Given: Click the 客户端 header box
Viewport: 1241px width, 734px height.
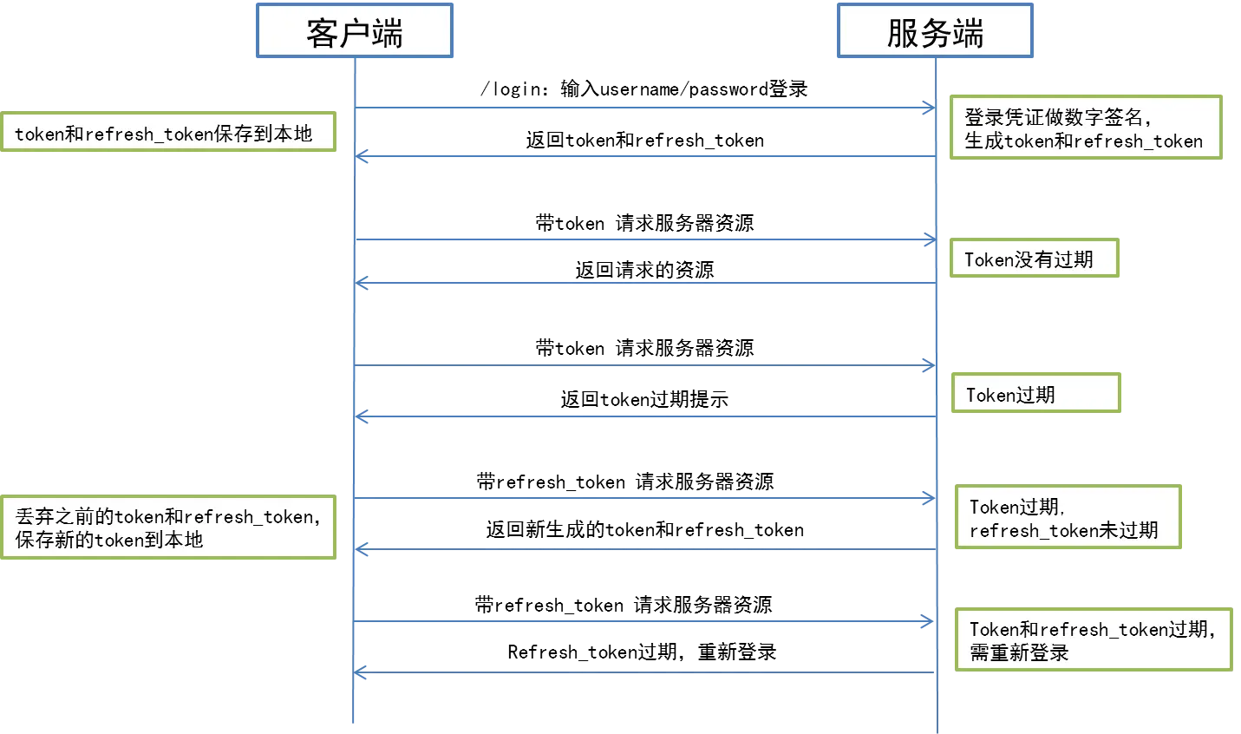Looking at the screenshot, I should point(354,31).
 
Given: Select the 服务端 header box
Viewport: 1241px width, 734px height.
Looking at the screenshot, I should point(934,31).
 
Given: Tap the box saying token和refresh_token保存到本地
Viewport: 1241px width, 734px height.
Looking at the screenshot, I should point(168,133).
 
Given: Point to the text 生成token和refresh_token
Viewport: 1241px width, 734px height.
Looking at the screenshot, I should point(1083,141).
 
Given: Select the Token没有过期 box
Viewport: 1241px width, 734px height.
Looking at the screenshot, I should point(1034,259).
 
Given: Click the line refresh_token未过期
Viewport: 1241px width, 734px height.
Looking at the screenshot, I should point(1063,530).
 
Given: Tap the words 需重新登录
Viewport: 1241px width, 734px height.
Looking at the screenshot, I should point(1018,652).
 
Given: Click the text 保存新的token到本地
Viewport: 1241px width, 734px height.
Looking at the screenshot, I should point(109,540).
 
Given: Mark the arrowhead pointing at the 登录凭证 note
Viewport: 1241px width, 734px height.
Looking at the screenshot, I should point(929,108).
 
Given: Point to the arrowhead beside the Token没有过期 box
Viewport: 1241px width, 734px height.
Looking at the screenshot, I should point(929,239).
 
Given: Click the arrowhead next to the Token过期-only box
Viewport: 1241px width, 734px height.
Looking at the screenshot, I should point(929,365).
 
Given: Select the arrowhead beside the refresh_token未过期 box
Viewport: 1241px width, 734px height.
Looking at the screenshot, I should point(929,498).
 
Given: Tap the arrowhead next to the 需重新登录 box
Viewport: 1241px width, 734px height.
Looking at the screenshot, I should point(929,621).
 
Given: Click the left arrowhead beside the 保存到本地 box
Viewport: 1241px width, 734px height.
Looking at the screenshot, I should point(363,157).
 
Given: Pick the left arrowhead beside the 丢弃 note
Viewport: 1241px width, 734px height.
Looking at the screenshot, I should point(363,550).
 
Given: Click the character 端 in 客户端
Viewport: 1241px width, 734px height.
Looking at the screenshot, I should point(387,33).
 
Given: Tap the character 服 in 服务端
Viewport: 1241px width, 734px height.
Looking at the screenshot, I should point(902,33).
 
